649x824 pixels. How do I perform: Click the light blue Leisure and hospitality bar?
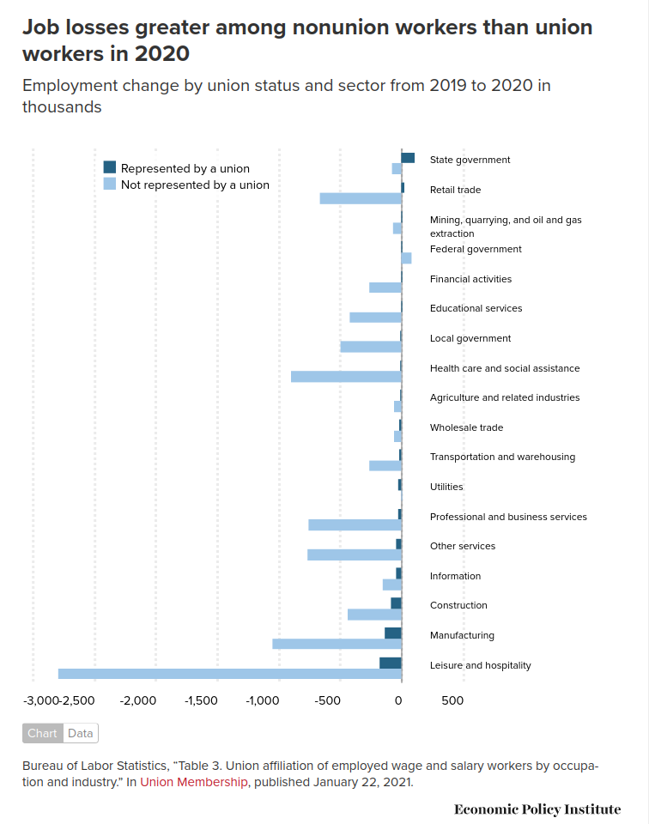click(229, 674)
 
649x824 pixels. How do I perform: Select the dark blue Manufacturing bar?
click(392, 633)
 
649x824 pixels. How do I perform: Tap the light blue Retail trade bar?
click(361, 198)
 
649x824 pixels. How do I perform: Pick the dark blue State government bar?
click(408, 158)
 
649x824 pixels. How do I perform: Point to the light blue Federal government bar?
click(406, 258)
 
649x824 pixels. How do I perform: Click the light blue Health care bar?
click(346, 377)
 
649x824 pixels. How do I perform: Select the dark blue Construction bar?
click(396, 603)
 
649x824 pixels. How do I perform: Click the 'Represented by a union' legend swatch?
click(110, 167)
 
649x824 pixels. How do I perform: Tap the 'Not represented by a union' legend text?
click(195, 185)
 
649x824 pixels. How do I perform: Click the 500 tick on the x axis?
click(452, 700)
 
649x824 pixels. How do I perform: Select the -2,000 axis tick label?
click(138, 700)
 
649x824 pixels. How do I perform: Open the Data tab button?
click(81, 733)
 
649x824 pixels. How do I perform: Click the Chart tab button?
click(42, 733)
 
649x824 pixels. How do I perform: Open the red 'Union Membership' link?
click(194, 782)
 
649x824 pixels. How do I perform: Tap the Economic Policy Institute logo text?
click(537, 809)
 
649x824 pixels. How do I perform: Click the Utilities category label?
click(446, 487)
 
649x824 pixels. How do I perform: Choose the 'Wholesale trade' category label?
click(466, 427)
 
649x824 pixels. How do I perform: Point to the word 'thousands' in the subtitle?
click(62, 107)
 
